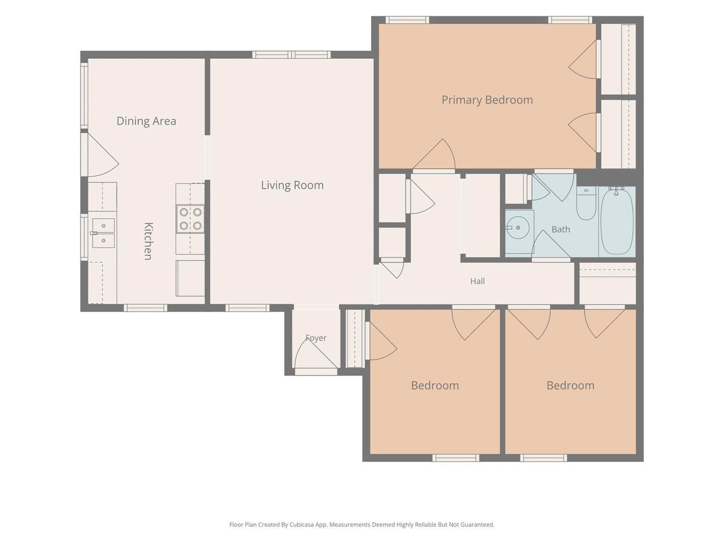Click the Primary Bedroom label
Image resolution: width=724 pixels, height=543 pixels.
tap(487, 100)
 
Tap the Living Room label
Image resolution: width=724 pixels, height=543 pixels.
tap(292, 185)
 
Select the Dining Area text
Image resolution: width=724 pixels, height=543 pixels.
tap(146, 121)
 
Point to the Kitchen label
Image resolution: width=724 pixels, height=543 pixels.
tap(148, 241)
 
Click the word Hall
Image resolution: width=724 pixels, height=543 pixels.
tap(477, 281)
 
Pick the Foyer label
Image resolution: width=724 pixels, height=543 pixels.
tap(316, 338)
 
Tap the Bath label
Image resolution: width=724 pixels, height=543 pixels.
tap(561, 229)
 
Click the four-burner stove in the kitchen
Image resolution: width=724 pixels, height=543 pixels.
tap(190, 219)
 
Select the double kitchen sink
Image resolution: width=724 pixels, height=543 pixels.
tap(104, 233)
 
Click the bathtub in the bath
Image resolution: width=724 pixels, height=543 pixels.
tap(617, 221)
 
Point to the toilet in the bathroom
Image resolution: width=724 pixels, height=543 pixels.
tap(586, 203)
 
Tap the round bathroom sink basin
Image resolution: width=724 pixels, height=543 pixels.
tap(518, 227)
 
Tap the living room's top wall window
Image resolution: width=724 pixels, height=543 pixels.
tap(291, 54)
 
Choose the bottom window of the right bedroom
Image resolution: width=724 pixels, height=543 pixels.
tap(544, 458)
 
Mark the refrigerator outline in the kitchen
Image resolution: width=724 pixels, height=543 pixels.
tap(190, 278)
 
